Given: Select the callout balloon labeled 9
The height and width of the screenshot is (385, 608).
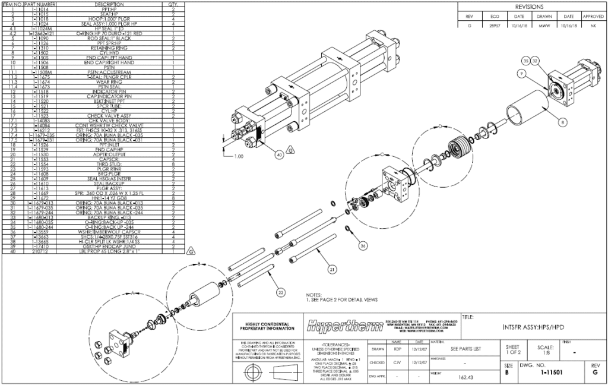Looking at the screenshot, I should click(520, 73).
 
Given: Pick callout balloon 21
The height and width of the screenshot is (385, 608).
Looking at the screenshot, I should click(333, 270).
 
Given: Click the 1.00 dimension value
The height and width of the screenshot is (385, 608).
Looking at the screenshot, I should click(238, 157).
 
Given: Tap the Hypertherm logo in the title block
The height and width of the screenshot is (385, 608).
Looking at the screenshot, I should click(344, 324).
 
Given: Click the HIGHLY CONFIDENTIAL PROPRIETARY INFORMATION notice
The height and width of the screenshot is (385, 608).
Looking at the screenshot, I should click(267, 326).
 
